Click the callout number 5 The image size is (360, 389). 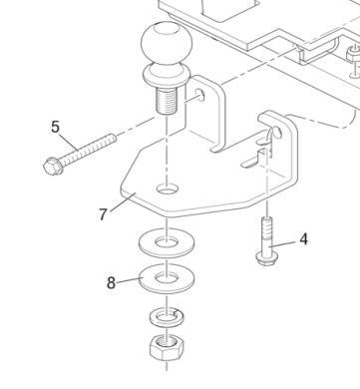pyautogui.click(x=56, y=127)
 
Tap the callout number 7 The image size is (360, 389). pyautogui.click(x=104, y=213)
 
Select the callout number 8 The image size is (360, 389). pyautogui.click(x=112, y=282)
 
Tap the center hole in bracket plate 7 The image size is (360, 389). pyautogui.click(x=167, y=188)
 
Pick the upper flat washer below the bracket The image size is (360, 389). pyautogui.click(x=166, y=241)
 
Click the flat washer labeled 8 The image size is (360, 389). pyautogui.click(x=166, y=276)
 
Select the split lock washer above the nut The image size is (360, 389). pyautogui.click(x=166, y=317)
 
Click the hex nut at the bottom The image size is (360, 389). pyautogui.click(x=166, y=348)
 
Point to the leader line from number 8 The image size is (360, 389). pyautogui.click(x=130, y=280)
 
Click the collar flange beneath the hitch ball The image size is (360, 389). pyautogui.click(x=165, y=75)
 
